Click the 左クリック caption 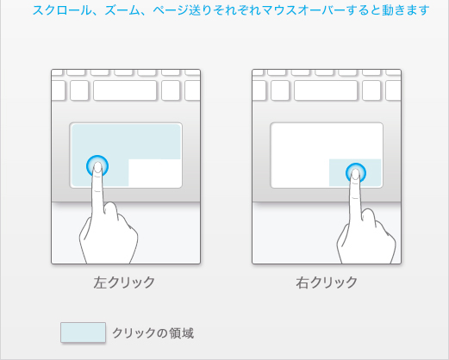coord(124,282)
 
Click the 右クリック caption coord(327,282)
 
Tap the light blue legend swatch coord(83,332)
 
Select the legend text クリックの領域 coord(153,333)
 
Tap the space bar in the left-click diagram coord(125,90)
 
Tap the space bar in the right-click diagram coord(326,90)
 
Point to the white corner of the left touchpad coord(155,173)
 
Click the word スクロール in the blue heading coord(61,10)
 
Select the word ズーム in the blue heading coord(122,10)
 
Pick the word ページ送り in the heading coord(181,10)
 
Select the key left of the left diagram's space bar coord(79,90)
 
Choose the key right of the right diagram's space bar coord(371,90)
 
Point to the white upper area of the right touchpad coord(327,141)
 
